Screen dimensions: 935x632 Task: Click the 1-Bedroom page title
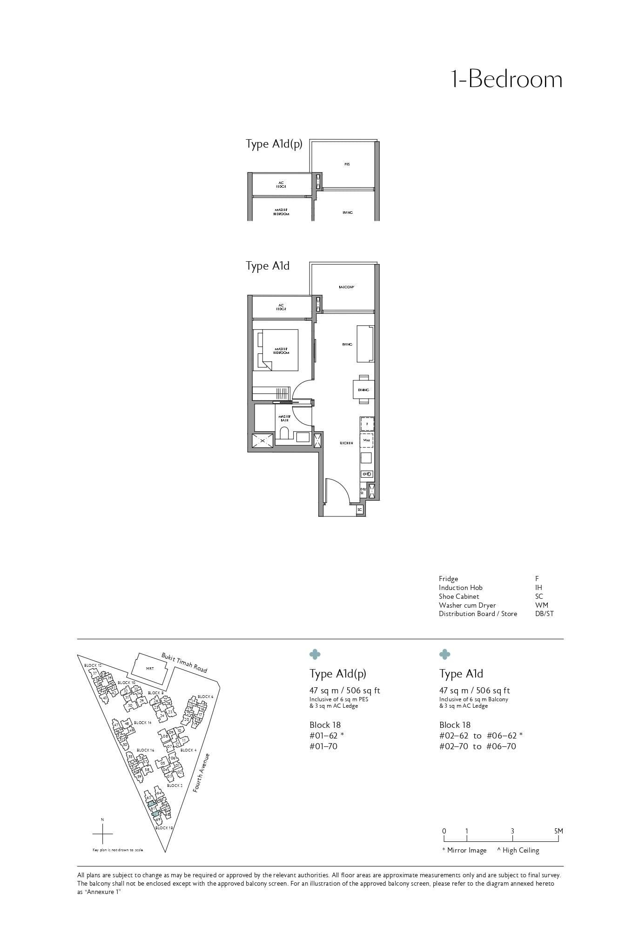507,80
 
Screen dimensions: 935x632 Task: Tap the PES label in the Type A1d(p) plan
347,164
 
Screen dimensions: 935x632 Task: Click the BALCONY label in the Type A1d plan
347,287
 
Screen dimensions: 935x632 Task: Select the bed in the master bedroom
276,350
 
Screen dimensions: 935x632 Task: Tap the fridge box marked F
367,424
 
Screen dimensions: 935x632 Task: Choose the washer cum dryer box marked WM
367,440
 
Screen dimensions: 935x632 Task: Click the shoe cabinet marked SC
360,510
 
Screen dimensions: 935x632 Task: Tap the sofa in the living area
365,344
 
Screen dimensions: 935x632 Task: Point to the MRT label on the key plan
150,668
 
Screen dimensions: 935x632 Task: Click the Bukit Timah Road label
184,662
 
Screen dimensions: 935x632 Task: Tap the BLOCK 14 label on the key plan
142,723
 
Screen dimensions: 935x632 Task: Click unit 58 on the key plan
147,770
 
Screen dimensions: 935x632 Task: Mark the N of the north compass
102,820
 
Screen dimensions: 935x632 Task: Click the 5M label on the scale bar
558,831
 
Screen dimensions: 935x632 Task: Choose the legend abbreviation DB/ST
545,614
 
